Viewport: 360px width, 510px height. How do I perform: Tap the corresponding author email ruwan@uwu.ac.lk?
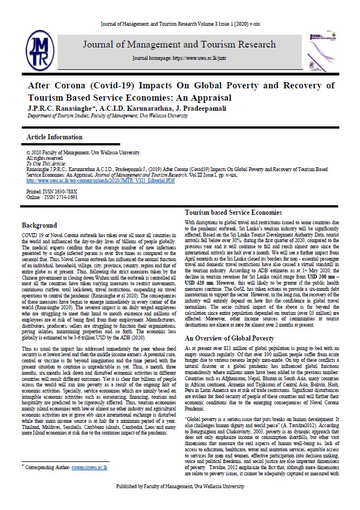92,465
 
